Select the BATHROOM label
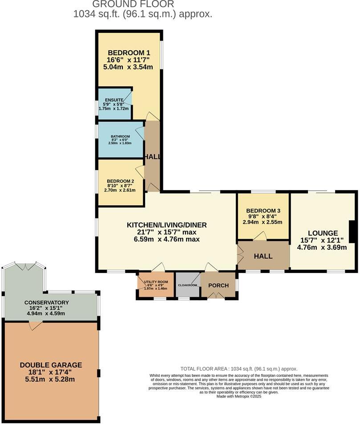[x=120, y=136]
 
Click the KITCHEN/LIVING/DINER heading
[x=167, y=224]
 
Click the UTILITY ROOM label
[x=153, y=282]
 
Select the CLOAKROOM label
[x=187, y=285]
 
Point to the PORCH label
[x=218, y=285]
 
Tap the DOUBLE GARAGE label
[x=51, y=365]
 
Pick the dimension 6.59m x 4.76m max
[x=167, y=239]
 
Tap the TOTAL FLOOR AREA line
[x=239, y=369]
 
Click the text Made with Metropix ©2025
[x=239, y=396]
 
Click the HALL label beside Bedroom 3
[x=263, y=257]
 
